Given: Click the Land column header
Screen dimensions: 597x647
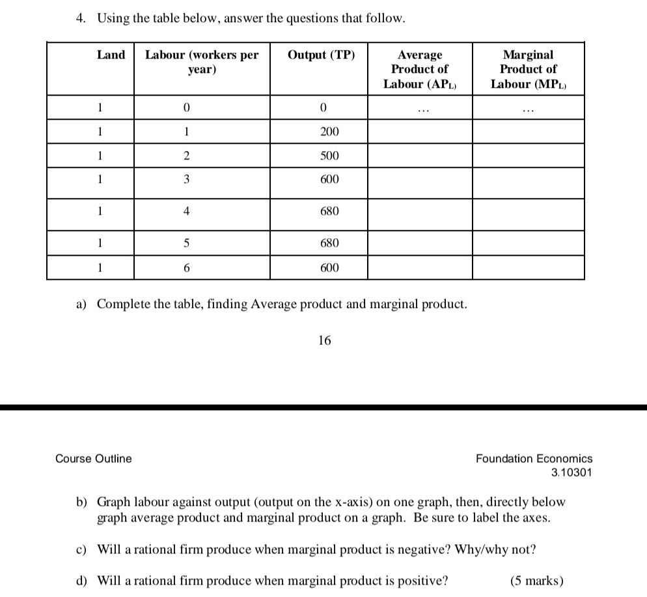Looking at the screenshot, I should pyautogui.click(x=111, y=55).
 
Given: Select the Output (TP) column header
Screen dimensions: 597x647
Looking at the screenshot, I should pyautogui.click(x=322, y=55).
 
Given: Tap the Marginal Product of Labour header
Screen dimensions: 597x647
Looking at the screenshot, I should pyautogui.click(x=528, y=69).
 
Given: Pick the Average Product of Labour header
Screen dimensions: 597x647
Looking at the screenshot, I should pyautogui.click(x=419, y=69).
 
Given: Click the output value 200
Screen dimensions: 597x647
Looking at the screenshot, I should pyautogui.click(x=329, y=132).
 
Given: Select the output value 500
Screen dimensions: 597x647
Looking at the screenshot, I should pyautogui.click(x=329, y=156).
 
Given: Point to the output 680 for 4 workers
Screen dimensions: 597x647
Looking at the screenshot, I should pyautogui.click(x=329, y=212).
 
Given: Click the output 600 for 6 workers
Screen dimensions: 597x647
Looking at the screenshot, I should pyautogui.click(x=329, y=268).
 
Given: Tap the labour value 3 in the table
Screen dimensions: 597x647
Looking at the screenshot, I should pyautogui.click(x=186, y=180).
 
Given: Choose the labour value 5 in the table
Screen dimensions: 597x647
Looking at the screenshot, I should pyautogui.click(x=186, y=243).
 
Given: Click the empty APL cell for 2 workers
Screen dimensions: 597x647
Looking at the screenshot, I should pyautogui.click(x=419, y=156).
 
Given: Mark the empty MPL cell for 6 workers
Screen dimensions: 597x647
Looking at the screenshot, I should pyautogui.click(x=528, y=268).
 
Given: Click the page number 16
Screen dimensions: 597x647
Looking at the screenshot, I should pyautogui.click(x=324, y=340).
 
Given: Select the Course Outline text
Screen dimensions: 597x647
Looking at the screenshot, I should pyautogui.click(x=94, y=458).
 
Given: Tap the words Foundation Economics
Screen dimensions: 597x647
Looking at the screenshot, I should pyautogui.click(x=534, y=458).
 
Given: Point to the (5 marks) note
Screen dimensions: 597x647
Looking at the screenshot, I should pyautogui.click(x=537, y=581).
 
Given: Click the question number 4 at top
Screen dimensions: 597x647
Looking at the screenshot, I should pyautogui.click(x=79, y=18).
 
